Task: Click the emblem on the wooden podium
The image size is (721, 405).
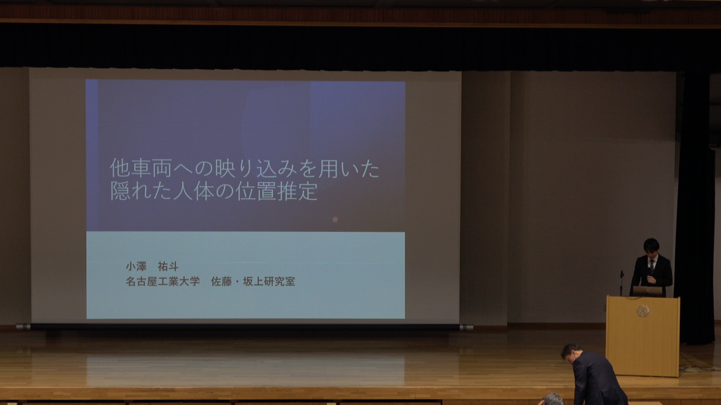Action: coord(643,311)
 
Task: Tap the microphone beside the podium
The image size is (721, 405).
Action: coord(622,283)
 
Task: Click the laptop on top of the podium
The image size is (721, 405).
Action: coord(648,291)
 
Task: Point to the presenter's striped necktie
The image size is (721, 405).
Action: coord(652,267)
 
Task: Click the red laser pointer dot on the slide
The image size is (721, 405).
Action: coord(335,219)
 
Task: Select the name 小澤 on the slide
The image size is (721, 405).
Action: coord(136,267)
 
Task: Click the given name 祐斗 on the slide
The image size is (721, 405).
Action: coord(168,267)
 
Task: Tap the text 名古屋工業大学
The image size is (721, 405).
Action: coord(163,282)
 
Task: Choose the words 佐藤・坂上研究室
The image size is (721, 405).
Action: coord(253,282)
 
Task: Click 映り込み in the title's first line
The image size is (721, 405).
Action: coord(256,168)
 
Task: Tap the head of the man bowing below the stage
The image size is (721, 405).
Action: coord(571,353)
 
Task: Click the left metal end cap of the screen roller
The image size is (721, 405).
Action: coord(23,327)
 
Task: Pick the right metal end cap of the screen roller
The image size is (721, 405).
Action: coord(466,327)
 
